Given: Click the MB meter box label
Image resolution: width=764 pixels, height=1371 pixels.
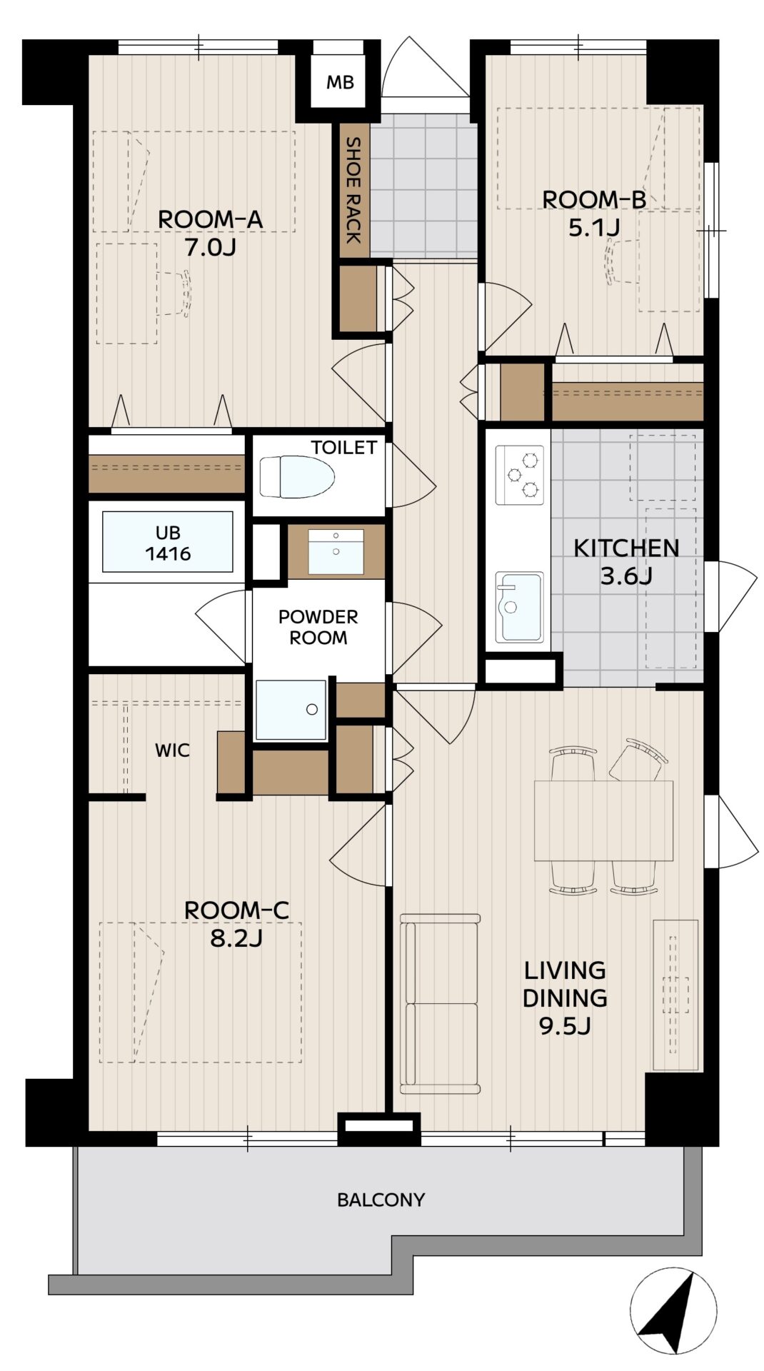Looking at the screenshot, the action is (340, 83).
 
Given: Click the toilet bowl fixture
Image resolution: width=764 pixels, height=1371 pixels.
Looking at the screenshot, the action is (296, 477).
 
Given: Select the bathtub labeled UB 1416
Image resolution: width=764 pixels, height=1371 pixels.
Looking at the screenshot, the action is (168, 542).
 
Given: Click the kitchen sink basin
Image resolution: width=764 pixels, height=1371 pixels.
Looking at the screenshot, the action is (519, 607).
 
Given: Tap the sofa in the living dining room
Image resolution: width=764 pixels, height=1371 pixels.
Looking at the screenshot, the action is (439, 1003).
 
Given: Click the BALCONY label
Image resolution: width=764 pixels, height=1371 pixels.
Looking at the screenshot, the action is (381, 1200).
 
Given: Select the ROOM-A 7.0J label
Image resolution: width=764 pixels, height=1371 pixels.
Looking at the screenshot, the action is (210, 233).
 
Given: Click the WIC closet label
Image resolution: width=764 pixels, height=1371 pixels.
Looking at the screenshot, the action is (173, 750).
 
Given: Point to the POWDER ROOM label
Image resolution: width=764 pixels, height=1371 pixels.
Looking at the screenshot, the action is (318, 627).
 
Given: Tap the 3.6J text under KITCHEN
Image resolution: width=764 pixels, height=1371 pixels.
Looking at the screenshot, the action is (625, 576).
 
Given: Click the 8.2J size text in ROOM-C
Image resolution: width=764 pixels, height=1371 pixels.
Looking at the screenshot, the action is (236, 938).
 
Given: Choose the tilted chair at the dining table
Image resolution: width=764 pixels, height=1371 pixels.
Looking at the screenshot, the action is (638, 760).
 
